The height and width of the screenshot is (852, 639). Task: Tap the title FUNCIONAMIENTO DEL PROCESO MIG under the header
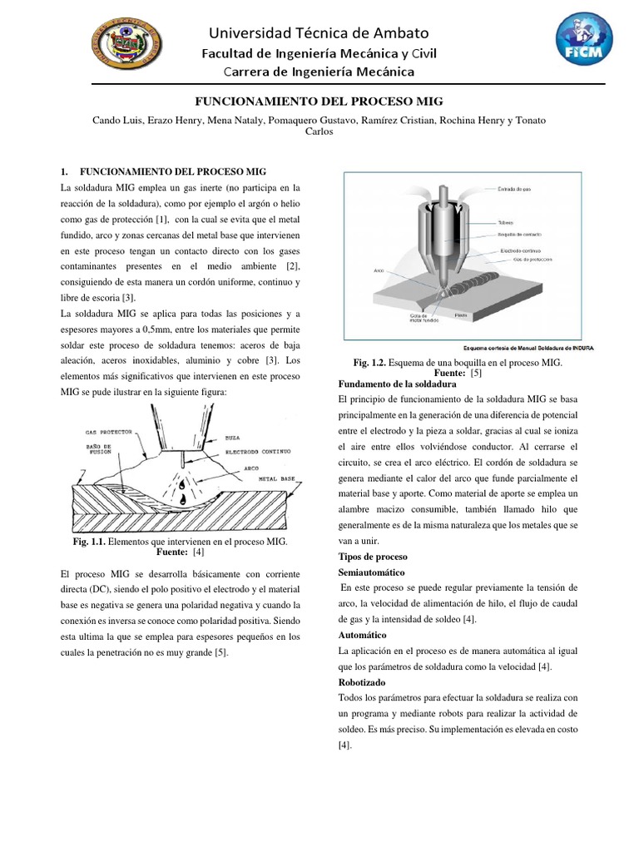click(319, 100)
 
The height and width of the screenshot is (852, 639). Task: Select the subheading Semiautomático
click(372, 573)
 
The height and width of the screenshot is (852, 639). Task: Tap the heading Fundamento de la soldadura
click(397, 385)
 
